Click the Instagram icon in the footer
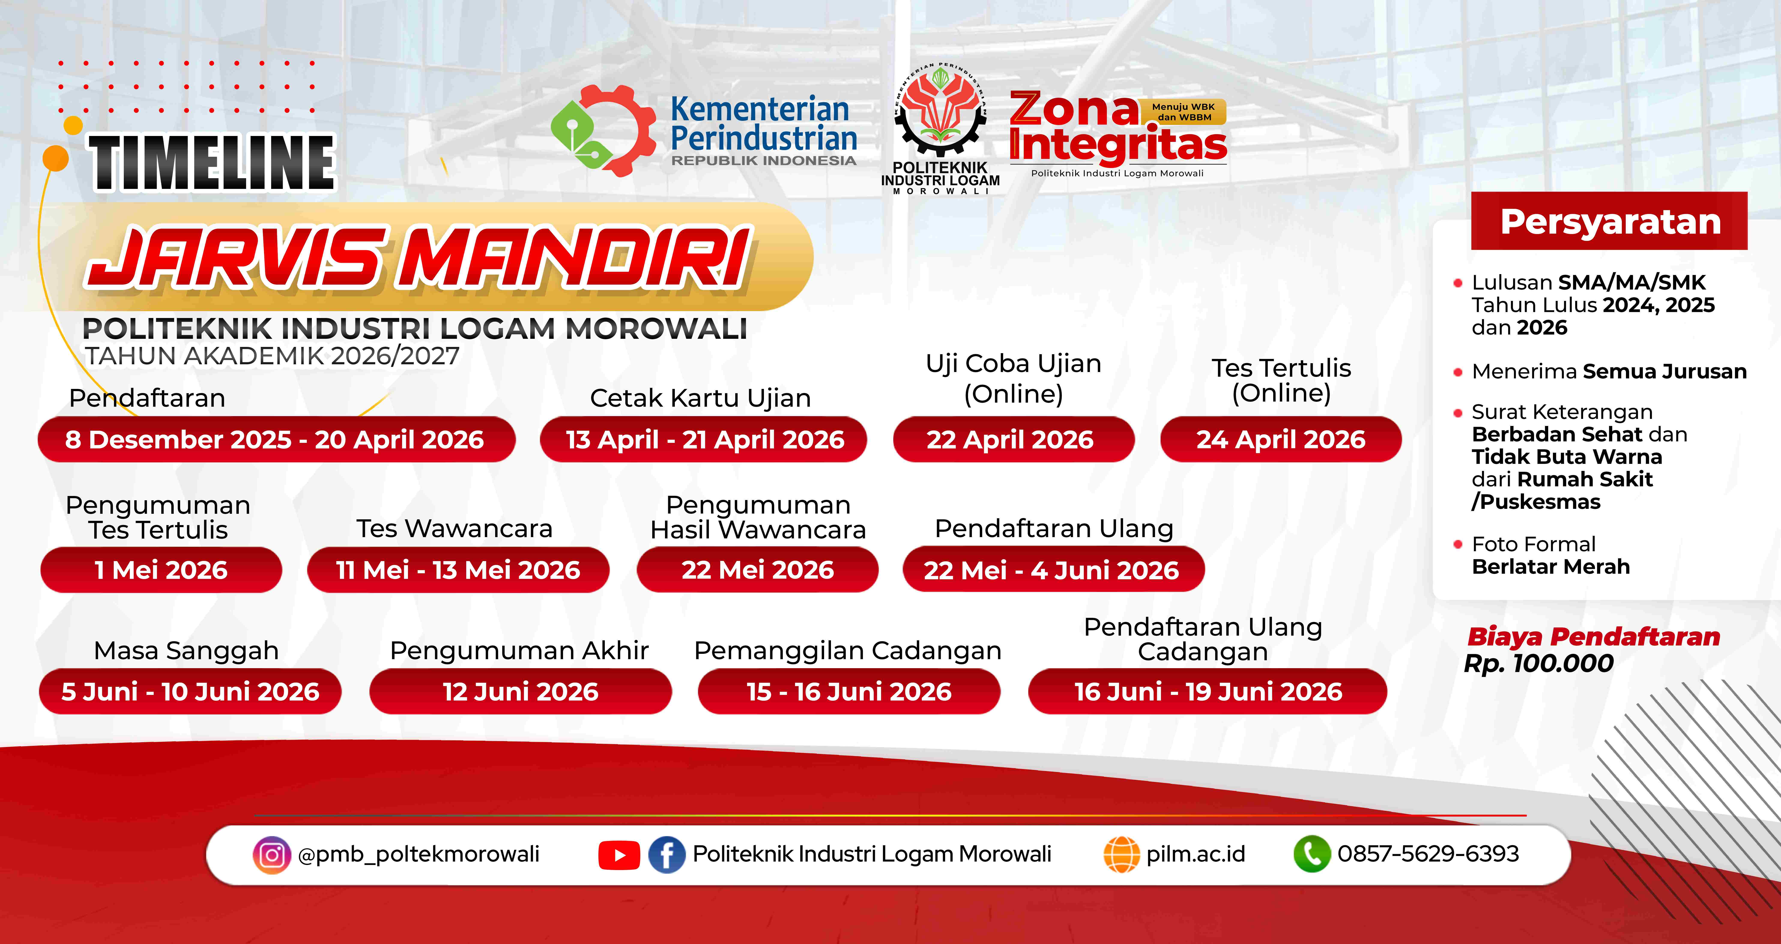(272, 855)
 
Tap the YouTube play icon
(619, 856)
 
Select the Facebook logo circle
(666, 855)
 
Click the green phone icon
(1312, 854)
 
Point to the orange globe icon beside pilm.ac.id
(1121, 855)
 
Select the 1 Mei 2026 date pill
(161, 570)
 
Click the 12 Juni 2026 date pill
(521, 692)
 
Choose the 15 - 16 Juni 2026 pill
(849, 692)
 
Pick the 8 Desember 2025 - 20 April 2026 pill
(276, 439)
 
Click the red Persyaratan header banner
(1609, 221)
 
